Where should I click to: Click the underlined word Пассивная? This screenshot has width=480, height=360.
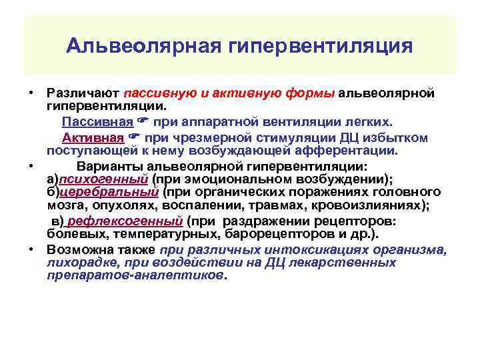pyautogui.click(x=105, y=123)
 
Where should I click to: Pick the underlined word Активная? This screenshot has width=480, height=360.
pyautogui.click(x=102, y=138)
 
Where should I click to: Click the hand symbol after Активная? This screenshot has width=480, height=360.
pyautogui.click(x=135, y=138)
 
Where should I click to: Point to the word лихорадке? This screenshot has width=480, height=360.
pyautogui.click(x=75, y=263)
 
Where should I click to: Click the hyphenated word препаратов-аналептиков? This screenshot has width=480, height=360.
pyautogui.click(x=135, y=275)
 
